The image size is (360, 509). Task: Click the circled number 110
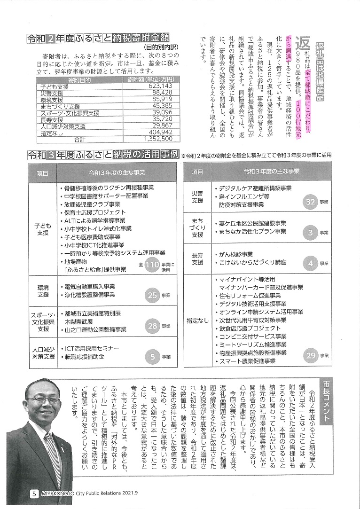click(152, 265)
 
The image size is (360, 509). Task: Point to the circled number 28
click(152, 325)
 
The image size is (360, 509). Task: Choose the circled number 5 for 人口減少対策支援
click(152, 356)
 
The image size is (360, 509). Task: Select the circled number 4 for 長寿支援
click(310, 263)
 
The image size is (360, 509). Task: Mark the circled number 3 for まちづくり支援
click(310, 232)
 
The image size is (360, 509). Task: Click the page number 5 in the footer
click(34, 493)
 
